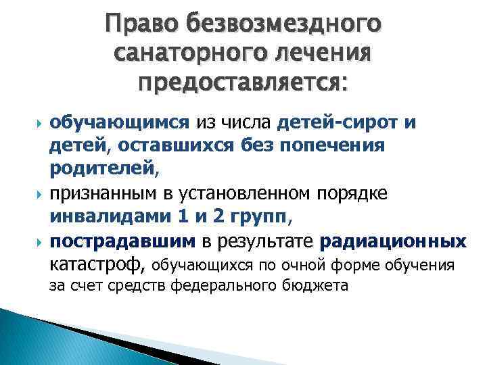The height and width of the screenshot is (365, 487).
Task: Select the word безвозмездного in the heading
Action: [283, 25]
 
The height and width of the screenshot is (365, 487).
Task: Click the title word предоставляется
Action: [244, 82]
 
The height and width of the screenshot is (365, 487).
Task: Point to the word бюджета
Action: [319, 285]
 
